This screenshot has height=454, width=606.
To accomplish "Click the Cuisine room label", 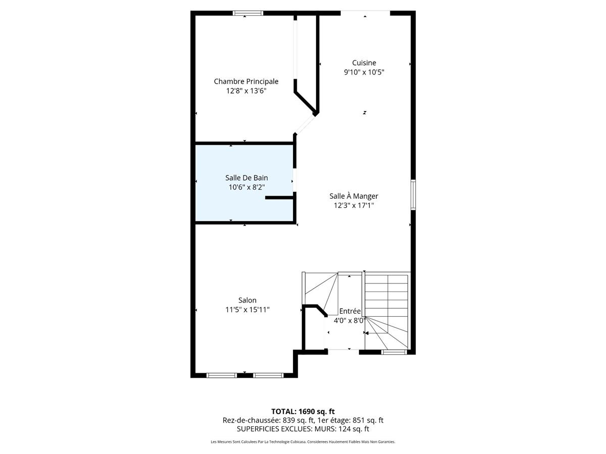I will click(364, 63).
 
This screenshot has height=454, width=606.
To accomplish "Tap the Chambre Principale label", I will click(246, 81).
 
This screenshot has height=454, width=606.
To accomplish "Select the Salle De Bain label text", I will click(246, 178).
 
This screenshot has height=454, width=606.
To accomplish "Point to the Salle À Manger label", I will click(353, 196).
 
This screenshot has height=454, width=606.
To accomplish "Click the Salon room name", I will click(247, 300).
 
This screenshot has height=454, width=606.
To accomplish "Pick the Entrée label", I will click(350, 311).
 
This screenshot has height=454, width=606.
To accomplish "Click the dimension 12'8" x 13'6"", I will click(246, 91).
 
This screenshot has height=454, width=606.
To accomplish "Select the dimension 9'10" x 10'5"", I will click(364, 72).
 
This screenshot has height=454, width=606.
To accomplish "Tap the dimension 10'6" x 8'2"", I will click(246, 187).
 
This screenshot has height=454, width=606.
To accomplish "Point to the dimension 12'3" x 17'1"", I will click(353, 205).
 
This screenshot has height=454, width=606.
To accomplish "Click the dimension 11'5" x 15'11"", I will click(247, 310).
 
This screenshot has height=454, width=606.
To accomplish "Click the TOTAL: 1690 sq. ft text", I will click(303, 411).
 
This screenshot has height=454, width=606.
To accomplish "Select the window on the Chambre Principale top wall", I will click(248, 13).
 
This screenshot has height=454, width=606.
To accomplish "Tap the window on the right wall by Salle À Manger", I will click(413, 194).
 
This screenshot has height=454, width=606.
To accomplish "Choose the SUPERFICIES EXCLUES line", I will click(303, 429).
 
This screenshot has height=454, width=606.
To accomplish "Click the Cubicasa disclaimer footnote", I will click(303, 442).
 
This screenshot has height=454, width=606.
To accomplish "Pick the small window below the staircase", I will click(394, 352).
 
